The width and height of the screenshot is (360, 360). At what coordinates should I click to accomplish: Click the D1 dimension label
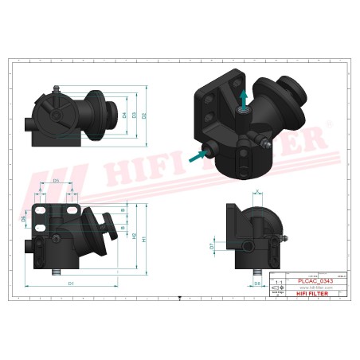(71, 283)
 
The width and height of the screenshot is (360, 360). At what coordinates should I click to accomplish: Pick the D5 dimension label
(56, 182)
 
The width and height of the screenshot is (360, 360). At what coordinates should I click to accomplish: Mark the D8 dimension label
(256, 283)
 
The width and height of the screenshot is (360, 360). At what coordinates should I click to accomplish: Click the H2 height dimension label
(134, 236)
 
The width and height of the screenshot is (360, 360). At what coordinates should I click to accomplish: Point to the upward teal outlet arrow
(244, 96)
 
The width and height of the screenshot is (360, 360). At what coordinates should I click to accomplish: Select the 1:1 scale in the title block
(277, 282)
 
